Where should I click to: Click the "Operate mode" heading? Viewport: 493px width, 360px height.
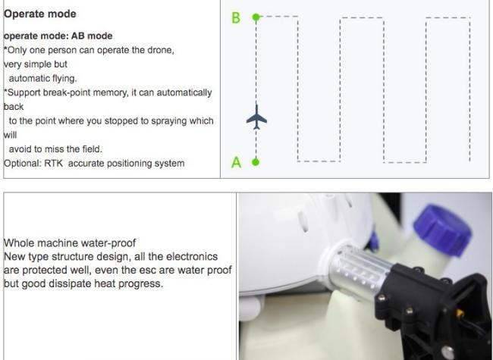40,14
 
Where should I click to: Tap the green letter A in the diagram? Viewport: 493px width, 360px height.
236,161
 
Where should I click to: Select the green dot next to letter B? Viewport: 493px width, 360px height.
256,17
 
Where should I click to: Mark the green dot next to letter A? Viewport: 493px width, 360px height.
256,161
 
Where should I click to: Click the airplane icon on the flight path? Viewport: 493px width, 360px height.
256,118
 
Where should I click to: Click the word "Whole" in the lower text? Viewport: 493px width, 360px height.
18,243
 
